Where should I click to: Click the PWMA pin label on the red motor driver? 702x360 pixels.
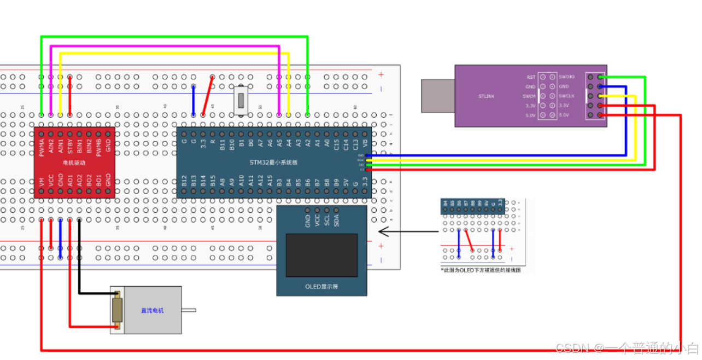tap(42, 148)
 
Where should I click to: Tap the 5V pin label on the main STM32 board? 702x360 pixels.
tap(346, 183)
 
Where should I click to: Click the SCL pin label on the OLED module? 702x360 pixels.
tap(327, 220)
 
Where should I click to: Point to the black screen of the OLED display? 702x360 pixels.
tap(321, 255)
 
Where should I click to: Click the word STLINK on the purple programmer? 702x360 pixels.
tap(486, 96)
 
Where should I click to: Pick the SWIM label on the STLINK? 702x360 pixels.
tap(529, 96)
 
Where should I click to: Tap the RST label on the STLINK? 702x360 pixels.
tap(531, 77)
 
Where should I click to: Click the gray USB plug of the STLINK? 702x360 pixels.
tap(438, 96)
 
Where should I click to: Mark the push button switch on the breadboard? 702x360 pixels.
tap(241, 101)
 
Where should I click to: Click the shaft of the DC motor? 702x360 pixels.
tap(189, 310)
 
